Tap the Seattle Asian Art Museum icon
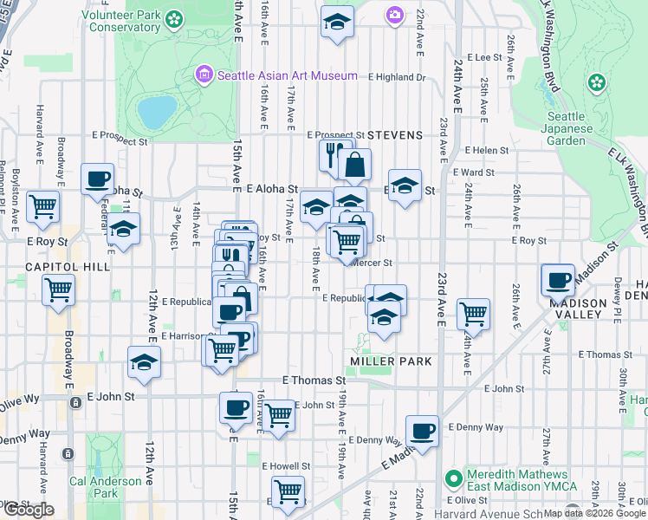pyautogui.click(x=204, y=75)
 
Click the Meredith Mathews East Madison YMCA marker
pyautogui.click(x=451, y=478)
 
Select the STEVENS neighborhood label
pyautogui.click(x=395, y=135)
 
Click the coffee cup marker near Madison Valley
pyautogui.click(x=559, y=280)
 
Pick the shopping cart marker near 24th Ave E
pyautogui.click(x=473, y=313)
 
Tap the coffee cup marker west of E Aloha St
pyautogui.click(x=97, y=179)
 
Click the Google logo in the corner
pyautogui.click(x=29, y=510)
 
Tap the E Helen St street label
pyautogui.click(x=486, y=150)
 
